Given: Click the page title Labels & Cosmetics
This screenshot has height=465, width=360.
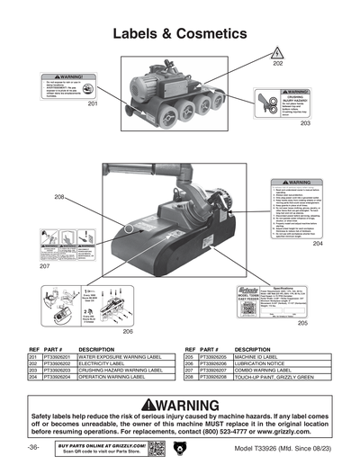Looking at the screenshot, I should pos(180,33).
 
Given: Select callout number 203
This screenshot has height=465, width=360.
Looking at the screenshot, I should pos(305,123).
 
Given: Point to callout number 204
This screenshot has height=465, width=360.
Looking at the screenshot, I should pos(318,243).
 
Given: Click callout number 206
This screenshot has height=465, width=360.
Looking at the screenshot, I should pos(129,331).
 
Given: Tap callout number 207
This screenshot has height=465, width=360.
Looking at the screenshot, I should pos(44,267).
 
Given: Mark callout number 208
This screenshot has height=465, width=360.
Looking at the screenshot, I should pos(59,197).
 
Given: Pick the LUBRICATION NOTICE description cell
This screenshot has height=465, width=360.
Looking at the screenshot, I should pos(261,363).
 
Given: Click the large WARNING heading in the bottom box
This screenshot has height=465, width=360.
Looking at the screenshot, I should pos(180,404).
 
